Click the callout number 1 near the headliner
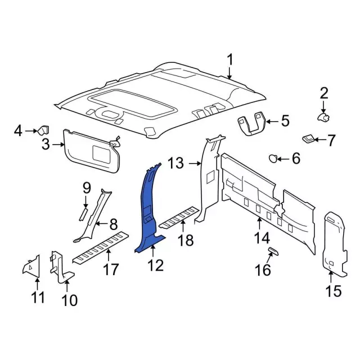coord(229,60)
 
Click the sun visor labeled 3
coord(90,149)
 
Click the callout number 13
coord(176,164)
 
